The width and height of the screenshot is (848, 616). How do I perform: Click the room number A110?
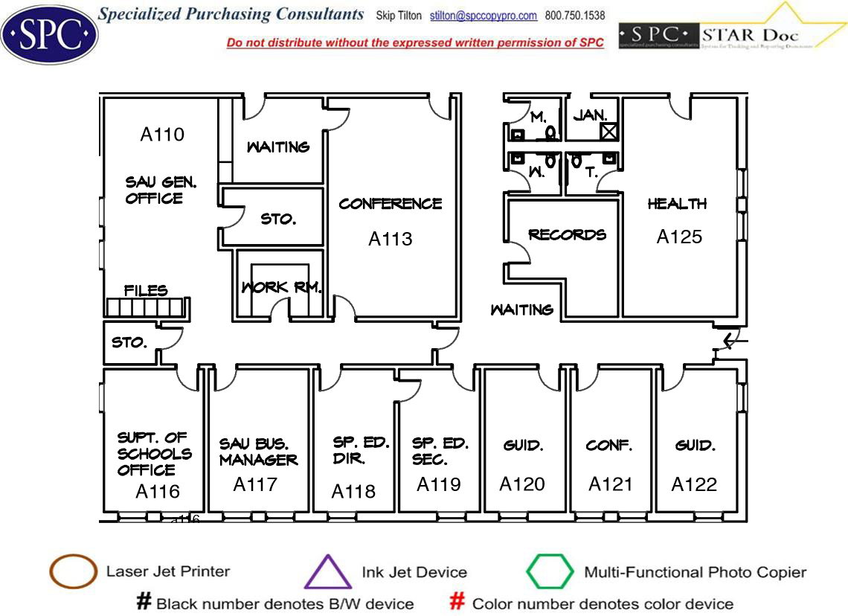pos(162,135)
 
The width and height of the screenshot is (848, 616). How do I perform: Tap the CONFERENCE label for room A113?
pos(391,204)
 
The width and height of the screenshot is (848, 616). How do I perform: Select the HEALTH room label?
pos(677,204)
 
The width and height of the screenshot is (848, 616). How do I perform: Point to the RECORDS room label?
pos(567,235)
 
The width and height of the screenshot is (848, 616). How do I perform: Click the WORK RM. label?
pos(280,287)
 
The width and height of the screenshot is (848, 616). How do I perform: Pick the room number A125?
pos(679,237)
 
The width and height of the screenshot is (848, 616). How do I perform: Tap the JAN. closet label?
pos(591,115)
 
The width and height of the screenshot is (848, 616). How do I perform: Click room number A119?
pos(439,484)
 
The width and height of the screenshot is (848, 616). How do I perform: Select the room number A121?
pos(611,484)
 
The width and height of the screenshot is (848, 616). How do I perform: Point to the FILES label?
pos(146,290)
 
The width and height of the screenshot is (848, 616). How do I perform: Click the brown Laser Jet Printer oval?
pos(73,572)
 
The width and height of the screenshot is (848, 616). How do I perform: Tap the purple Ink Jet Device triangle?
pos(328,573)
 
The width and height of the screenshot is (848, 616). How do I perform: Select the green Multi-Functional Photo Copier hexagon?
pos(550,572)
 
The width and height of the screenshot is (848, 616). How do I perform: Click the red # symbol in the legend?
pos(458,602)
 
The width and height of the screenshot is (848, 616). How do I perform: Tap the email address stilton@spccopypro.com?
pos(484,16)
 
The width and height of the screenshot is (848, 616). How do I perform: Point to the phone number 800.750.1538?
pos(575,16)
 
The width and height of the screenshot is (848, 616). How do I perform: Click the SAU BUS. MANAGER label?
pos(258,452)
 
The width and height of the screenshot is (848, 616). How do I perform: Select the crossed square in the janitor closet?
pos(609,132)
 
